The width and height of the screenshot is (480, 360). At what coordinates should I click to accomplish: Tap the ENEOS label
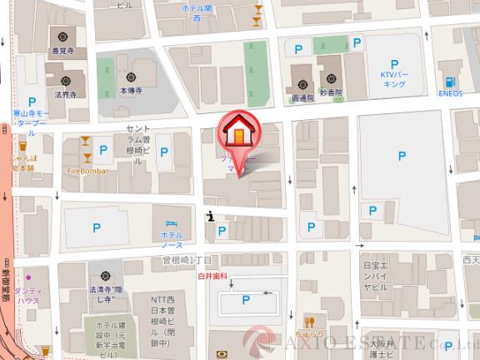coord(451,94)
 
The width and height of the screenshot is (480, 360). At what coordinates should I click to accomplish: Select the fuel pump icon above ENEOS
coord(451,82)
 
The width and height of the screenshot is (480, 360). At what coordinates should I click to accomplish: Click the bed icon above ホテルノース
coord(171,223)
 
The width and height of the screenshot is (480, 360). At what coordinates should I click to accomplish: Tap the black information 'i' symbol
coord(212,217)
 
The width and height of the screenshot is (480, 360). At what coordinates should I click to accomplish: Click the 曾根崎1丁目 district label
coord(188,260)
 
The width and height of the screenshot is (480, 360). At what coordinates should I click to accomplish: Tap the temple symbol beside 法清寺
coord(106,277)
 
